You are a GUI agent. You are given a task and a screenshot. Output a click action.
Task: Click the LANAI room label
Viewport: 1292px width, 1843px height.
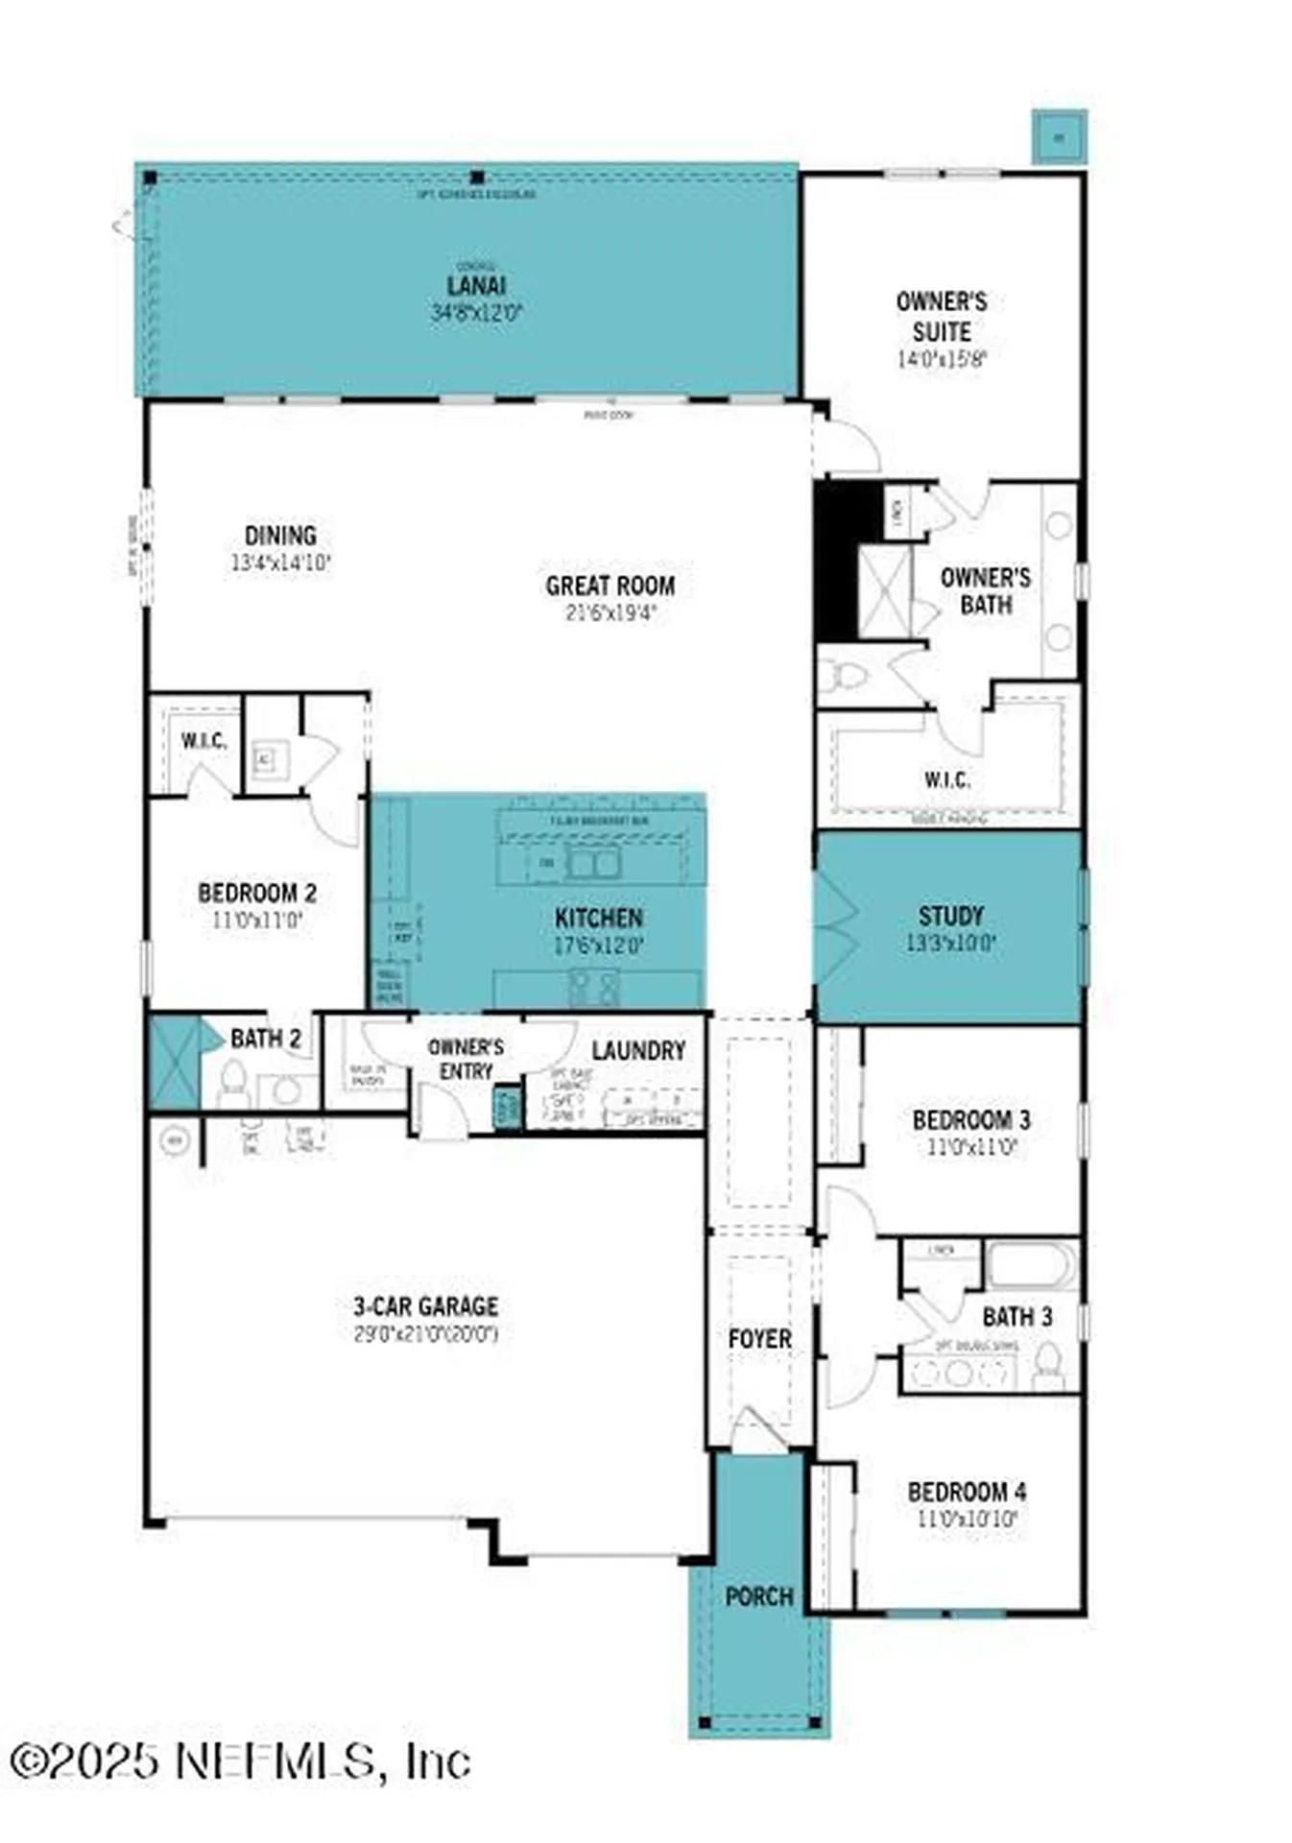tap(476, 285)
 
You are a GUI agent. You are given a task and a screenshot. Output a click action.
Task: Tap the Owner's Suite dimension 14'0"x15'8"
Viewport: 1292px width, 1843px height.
tap(941, 359)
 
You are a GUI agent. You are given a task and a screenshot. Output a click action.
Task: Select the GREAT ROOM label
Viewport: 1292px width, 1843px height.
tap(610, 585)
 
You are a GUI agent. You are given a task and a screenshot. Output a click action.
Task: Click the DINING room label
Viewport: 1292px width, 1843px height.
tap(280, 535)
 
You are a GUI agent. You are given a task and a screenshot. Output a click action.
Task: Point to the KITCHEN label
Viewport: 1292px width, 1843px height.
tap(598, 917)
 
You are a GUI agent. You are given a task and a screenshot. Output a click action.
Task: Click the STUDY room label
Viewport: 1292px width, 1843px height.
tap(950, 915)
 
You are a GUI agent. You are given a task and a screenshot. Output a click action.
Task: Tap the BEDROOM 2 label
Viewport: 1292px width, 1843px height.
tap(256, 892)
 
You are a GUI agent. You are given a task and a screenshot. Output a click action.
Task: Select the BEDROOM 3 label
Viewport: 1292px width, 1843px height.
tap(970, 1119)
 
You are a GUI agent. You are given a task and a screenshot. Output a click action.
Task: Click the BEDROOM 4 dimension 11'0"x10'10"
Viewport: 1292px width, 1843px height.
tap(967, 1519)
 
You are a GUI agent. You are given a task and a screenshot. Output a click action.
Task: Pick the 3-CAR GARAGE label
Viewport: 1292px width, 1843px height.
tap(425, 1305)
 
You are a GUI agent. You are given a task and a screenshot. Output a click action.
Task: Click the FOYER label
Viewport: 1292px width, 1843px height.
tap(759, 1338)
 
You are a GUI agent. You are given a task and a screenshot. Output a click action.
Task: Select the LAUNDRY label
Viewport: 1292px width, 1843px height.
tap(638, 1050)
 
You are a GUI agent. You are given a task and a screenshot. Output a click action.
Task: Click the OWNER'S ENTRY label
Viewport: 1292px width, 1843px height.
tap(466, 1058)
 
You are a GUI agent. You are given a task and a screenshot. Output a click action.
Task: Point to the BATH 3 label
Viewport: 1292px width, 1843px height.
tap(1017, 1316)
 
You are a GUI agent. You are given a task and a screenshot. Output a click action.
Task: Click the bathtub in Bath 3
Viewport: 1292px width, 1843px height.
tap(1032, 1265)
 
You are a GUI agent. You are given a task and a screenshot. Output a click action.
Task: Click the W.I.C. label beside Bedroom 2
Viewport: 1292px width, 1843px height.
tap(203, 740)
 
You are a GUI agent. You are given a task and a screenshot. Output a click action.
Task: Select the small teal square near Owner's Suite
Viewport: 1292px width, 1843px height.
tap(1059, 137)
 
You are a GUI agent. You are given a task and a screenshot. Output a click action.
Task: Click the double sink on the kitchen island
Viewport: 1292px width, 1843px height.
tap(592, 863)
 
